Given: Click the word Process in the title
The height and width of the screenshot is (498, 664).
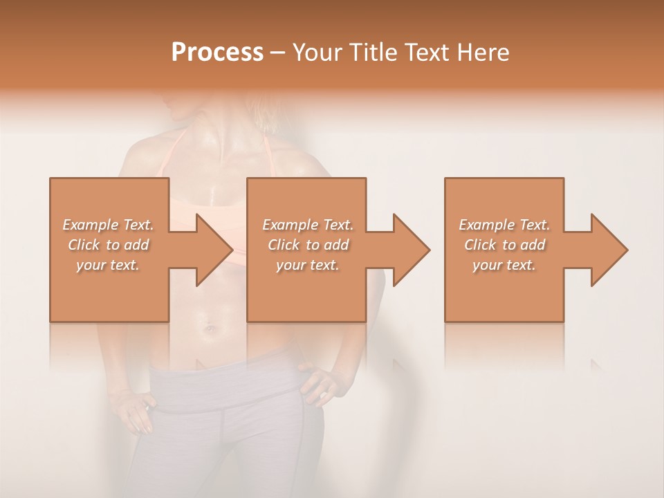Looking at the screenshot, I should coord(217,53).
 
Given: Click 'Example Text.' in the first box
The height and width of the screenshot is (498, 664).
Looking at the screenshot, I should coord(108,225).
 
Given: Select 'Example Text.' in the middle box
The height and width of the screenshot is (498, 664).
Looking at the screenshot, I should coord(307,225).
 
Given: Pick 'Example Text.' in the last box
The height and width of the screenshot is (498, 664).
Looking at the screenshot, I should coord(504,225).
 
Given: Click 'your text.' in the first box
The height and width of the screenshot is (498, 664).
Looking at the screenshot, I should coord(108,265).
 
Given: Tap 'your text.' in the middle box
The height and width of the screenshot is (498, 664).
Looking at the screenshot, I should coord(307,265).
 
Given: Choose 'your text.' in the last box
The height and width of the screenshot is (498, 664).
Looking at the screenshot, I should coord(504,265).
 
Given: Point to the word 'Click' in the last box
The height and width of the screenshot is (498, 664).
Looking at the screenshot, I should coord(481,245).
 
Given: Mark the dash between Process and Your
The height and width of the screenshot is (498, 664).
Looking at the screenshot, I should coord(278,53).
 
